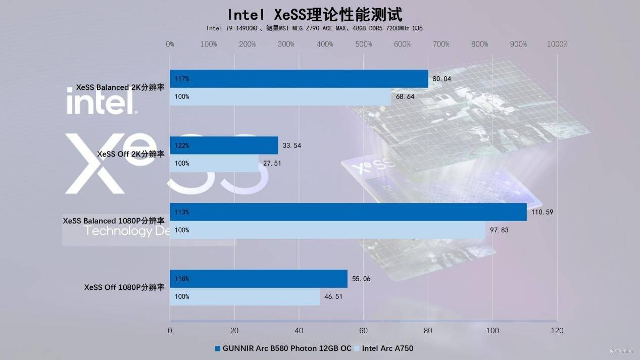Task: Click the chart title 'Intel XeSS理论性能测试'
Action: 315,14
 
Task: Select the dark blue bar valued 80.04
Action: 299,79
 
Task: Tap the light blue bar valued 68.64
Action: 280,96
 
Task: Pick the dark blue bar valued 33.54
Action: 224,145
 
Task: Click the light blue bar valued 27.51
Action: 214,163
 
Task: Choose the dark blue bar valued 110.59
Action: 348,212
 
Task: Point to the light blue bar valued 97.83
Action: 327,230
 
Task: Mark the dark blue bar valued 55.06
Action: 259,279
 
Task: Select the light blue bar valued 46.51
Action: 245,296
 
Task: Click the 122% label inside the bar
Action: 182,145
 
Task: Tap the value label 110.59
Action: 542,212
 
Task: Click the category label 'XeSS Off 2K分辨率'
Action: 131,154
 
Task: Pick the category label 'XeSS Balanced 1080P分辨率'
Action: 114,221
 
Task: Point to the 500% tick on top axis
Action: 364,44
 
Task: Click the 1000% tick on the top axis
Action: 557,44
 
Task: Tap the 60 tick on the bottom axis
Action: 363,331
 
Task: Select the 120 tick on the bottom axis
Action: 557,331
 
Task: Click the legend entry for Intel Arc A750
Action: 387,348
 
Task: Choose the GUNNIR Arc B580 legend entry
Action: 282,348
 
